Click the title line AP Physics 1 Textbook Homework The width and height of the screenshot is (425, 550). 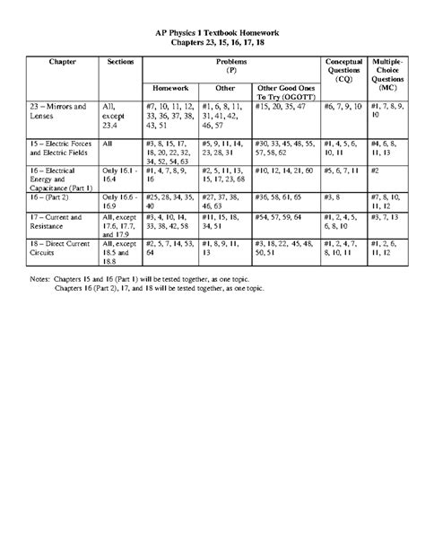(212, 32)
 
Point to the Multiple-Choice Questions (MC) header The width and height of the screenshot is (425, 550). (388, 72)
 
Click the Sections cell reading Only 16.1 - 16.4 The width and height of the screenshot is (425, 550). (120, 175)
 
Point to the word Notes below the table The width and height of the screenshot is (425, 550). (41, 280)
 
